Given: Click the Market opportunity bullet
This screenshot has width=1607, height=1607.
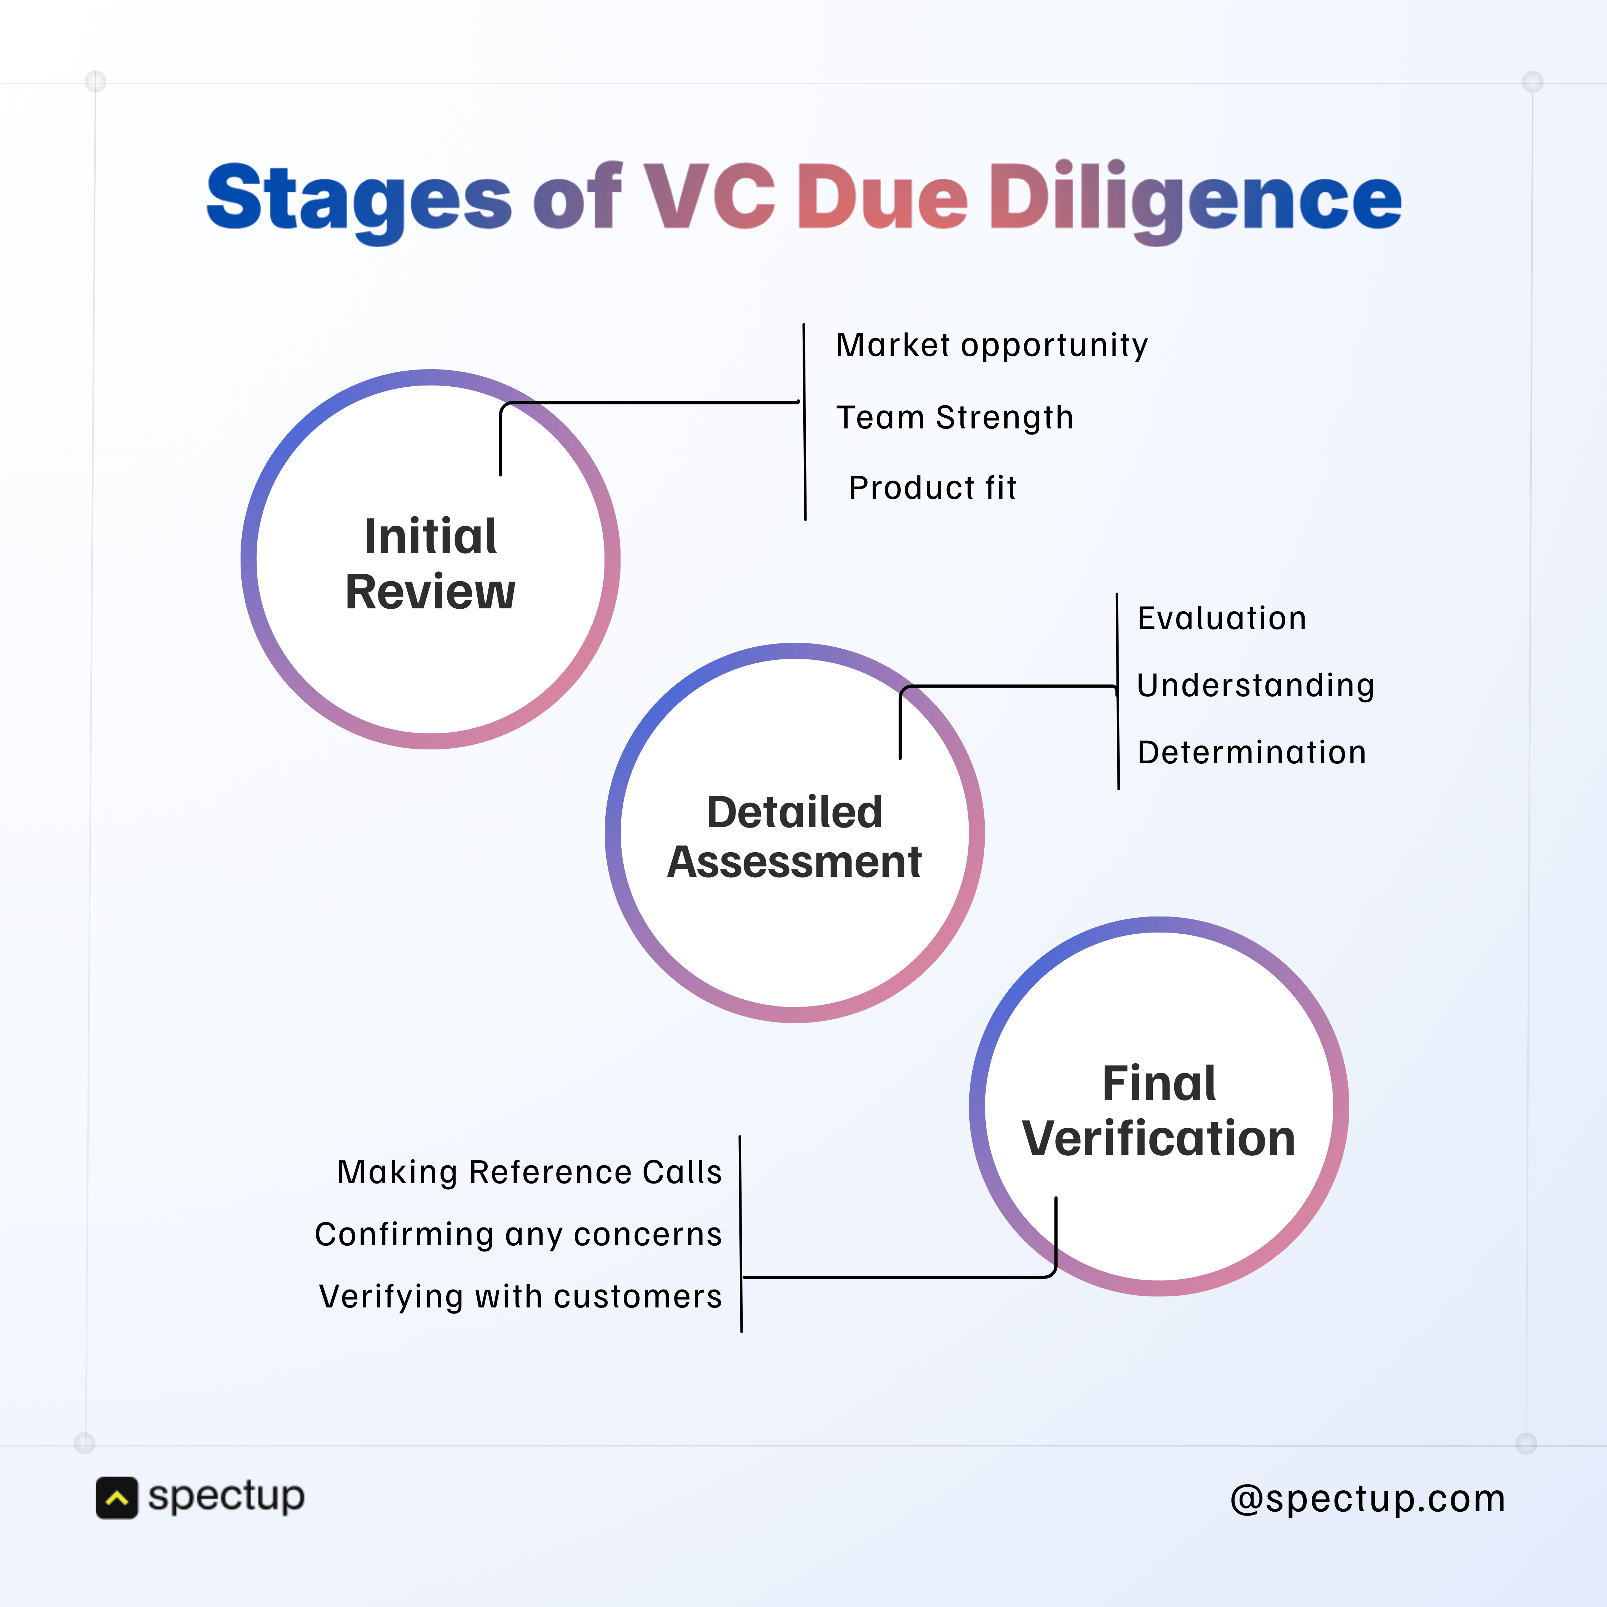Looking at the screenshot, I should (991, 344).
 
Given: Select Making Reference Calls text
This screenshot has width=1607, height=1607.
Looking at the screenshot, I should (529, 1172).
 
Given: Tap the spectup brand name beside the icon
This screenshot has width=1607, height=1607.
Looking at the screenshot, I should (226, 1497).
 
